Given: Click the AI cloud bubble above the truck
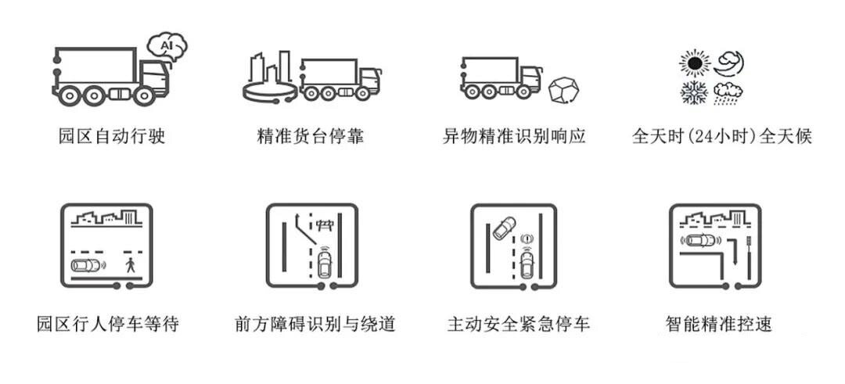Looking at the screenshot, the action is (167, 46).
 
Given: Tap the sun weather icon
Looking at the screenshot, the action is (695, 63).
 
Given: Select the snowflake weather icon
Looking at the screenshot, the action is (694, 93).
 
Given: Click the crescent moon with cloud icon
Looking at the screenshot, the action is (728, 64).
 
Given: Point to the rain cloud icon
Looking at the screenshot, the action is (728, 93).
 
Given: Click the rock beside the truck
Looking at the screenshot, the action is (563, 90).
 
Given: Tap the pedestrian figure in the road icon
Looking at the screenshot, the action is (130, 264).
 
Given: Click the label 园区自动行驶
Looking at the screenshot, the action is (112, 136).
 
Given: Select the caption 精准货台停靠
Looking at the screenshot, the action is (311, 136).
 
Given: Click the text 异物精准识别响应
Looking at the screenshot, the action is (514, 136).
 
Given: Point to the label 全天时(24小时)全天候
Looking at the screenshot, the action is (721, 136).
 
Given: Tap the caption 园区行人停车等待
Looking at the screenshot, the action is (108, 325).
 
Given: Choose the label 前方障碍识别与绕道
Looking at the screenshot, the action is (315, 325).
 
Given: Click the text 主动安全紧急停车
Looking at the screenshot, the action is (519, 325).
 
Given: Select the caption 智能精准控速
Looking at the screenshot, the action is (719, 325).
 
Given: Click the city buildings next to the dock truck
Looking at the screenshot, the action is (271, 67).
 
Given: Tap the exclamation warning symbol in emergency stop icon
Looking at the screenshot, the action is (527, 238).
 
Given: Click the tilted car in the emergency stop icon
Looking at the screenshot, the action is (504, 228).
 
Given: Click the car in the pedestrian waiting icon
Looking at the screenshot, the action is (86, 265).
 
